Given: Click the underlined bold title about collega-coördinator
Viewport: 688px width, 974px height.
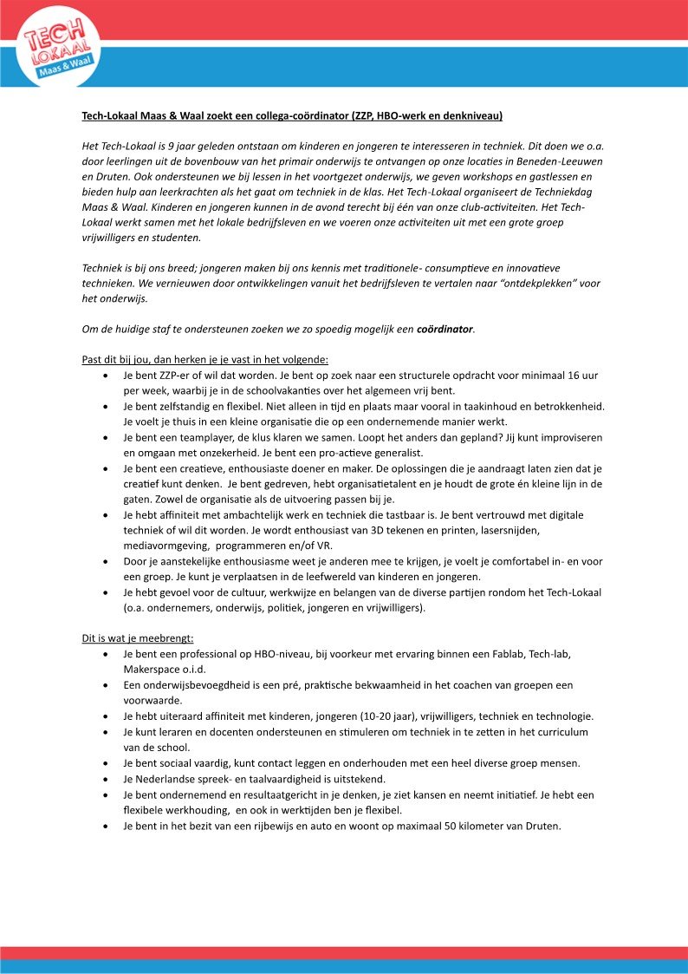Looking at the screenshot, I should (x=292, y=115).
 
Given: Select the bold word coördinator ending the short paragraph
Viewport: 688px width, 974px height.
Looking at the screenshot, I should (x=445, y=330).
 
